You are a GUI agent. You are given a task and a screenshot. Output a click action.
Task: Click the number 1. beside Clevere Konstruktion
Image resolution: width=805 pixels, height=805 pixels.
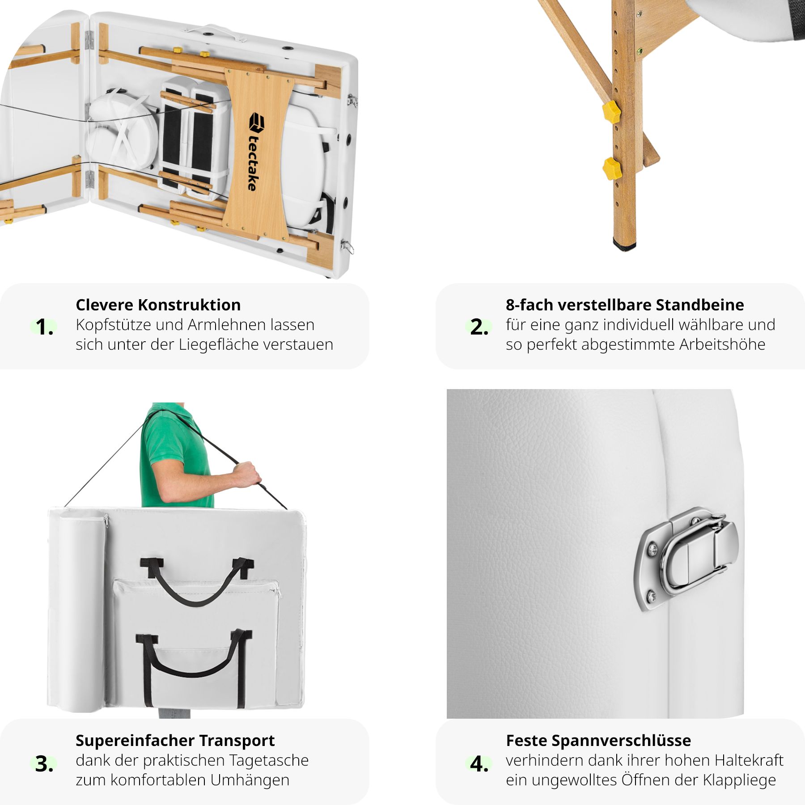pyautogui.click(x=44, y=327)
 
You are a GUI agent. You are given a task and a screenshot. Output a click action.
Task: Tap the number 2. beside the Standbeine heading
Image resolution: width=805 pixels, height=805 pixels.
pyautogui.click(x=479, y=327)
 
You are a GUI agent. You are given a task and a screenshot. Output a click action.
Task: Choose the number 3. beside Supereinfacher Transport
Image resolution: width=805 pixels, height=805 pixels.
pyautogui.click(x=44, y=763)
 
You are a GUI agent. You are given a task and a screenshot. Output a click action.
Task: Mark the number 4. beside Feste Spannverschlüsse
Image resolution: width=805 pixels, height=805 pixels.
pyautogui.click(x=479, y=763)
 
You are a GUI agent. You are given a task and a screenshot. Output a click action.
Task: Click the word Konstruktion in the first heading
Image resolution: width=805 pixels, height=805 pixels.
pyautogui.click(x=189, y=305)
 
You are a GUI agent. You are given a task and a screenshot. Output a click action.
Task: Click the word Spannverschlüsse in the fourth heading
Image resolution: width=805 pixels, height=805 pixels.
pyautogui.click(x=621, y=741)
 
